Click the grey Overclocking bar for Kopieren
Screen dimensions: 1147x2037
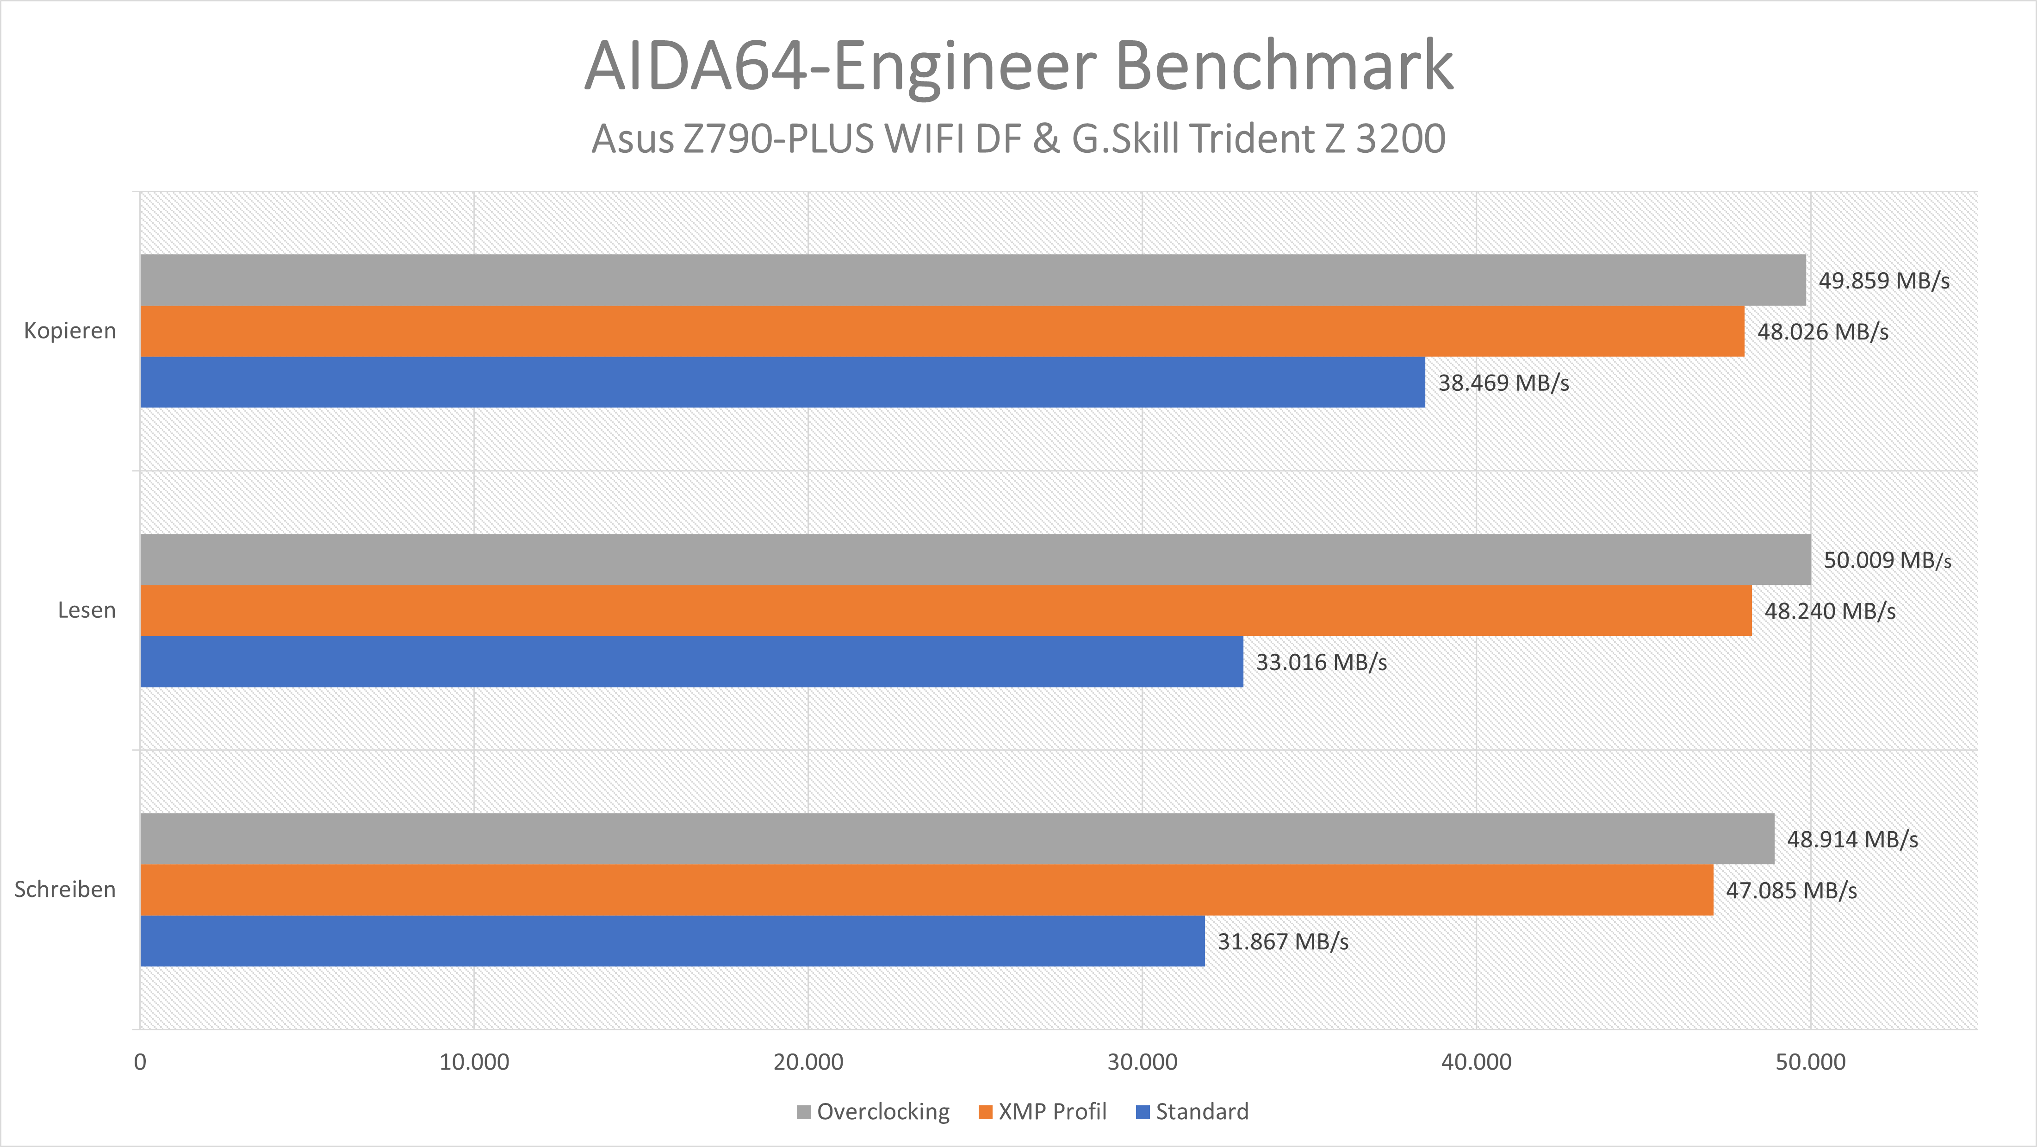tap(973, 280)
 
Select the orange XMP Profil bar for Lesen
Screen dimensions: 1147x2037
tap(946, 611)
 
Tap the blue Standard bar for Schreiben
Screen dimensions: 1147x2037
tap(672, 941)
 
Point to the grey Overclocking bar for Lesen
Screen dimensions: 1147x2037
tap(975, 559)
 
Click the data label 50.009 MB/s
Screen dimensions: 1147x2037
tap(1887, 560)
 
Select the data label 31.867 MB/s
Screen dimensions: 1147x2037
tap(1283, 941)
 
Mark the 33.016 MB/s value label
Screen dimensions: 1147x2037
tap(1321, 662)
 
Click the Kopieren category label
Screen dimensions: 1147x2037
tap(69, 331)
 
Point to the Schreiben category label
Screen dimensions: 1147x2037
tap(65, 889)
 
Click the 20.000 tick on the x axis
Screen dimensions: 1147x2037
tap(807, 1062)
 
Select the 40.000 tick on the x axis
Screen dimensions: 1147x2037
tap(1476, 1062)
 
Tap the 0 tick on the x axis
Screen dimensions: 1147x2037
tap(140, 1062)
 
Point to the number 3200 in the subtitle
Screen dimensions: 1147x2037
tap(1400, 139)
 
